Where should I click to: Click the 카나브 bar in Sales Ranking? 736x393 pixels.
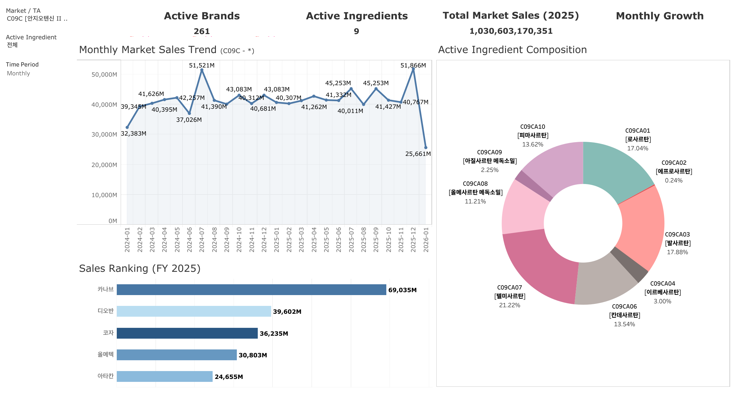pyautogui.click(x=251, y=290)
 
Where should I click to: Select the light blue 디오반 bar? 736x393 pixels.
pyautogui.click(x=194, y=311)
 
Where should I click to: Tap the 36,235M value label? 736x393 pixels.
pyautogui.click(x=274, y=334)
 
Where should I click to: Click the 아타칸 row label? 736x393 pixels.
pyautogui.click(x=105, y=376)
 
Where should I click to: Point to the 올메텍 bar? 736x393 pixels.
pyautogui.click(x=177, y=355)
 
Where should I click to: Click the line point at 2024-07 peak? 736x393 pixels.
pyautogui.click(x=202, y=70)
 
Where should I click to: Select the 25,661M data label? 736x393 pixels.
pyautogui.click(x=418, y=154)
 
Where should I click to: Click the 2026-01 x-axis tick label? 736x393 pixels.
pyautogui.click(x=426, y=240)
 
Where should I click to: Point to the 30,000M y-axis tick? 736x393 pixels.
pyautogui.click(x=104, y=135)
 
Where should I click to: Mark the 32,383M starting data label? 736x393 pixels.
pyautogui.click(x=133, y=134)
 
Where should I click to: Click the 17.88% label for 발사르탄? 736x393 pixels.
pyautogui.click(x=677, y=252)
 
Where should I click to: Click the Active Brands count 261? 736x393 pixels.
pyautogui.click(x=202, y=31)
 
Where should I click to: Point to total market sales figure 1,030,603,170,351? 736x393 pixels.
pyautogui.click(x=511, y=31)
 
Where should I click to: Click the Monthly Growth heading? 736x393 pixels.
pyautogui.click(x=659, y=16)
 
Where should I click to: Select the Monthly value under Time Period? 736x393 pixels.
pyautogui.click(x=19, y=73)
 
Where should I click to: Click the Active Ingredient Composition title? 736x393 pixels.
pyautogui.click(x=512, y=50)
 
